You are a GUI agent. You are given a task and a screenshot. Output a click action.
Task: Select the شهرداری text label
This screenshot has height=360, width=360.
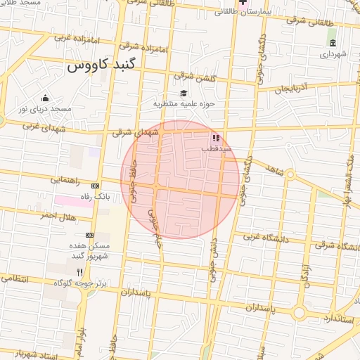(333, 53)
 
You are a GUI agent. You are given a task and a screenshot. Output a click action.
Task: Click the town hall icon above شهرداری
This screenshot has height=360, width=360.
(333, 42)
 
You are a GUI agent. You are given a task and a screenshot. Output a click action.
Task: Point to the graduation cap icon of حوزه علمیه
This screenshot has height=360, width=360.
(184, 94)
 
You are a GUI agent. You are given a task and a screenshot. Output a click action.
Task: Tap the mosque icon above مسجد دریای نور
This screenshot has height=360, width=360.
(46, 98)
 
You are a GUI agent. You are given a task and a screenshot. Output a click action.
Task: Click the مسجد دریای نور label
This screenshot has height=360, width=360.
(45, 109)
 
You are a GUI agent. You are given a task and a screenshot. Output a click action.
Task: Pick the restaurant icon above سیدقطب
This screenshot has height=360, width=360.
(215, 138)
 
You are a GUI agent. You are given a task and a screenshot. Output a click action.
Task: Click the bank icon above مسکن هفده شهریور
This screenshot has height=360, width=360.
(89, 235)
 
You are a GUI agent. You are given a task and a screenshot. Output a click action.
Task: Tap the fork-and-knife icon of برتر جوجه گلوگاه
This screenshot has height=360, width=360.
(80, 271)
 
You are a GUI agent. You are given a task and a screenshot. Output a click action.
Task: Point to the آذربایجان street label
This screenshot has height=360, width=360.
(291, 89)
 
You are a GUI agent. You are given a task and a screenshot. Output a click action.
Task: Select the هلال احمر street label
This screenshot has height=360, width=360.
(56, 215)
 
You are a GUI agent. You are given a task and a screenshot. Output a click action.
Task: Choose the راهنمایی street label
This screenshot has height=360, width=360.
(66, 180)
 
